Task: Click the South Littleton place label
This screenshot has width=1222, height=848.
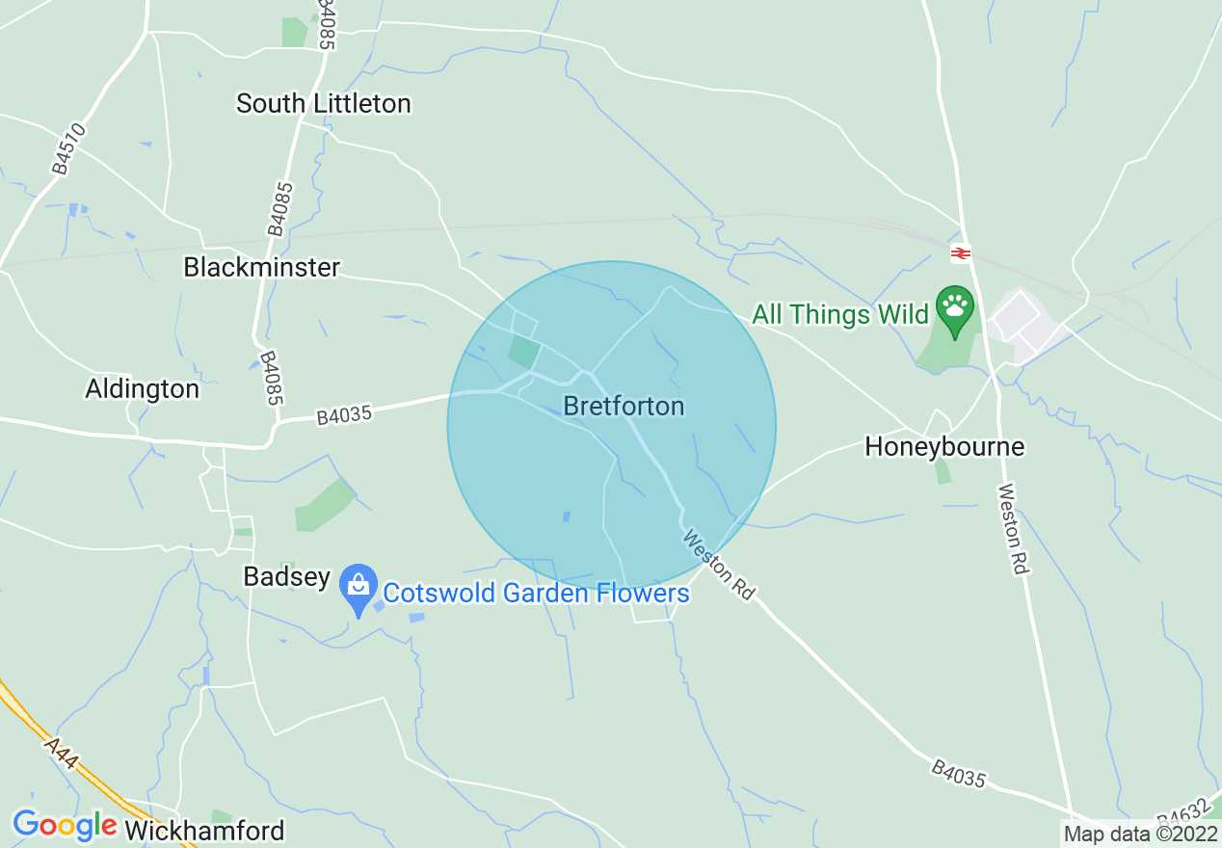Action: click(324, 103)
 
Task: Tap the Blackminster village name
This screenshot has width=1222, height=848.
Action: click(262, 267)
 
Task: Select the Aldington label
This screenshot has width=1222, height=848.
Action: click(143, 389)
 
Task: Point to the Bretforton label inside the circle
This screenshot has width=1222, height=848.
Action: click(624, 406)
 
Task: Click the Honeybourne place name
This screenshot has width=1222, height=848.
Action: click(944, 447)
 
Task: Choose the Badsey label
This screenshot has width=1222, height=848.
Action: click(287, 577)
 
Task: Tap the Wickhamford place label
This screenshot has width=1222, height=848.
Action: click(205, 831)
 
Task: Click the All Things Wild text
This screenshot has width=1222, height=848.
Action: click(840, 314)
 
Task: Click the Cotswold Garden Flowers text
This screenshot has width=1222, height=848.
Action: click(537, 593)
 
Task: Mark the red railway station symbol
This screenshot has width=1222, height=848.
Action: click(960, 253)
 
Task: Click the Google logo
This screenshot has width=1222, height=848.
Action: click(65, 826)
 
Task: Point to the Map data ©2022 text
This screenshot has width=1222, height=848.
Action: click(1140, 834)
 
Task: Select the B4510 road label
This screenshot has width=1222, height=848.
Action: click(70, 148)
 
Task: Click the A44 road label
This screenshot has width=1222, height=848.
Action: click(61, 753)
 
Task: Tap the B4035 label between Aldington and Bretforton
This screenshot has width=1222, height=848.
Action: click(344, 414)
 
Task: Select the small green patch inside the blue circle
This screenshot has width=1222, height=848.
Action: click(524, 352)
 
